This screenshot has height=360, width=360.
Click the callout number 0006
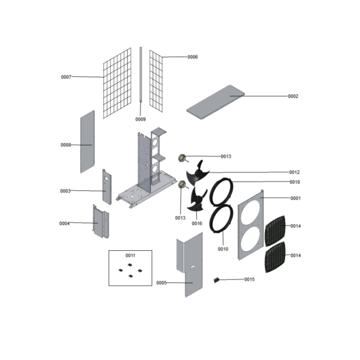(193, 57)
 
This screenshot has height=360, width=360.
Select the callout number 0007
(66, 77)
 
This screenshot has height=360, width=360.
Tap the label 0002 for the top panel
(293, 96)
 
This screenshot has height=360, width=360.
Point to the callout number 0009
(140, 119)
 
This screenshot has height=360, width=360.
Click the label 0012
(294, 172)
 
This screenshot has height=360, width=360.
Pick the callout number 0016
(197, 223)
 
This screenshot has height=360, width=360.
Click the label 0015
(249, 279)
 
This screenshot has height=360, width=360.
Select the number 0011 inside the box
(130, 256)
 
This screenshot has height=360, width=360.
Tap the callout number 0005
(162, 283)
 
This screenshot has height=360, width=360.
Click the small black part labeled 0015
(216, 280)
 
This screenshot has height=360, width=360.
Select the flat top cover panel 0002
(216, 102)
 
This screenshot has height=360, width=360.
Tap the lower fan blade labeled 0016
(197, 199)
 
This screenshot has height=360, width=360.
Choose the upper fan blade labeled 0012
(198, 173)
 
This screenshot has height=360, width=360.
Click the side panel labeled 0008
(87, 142)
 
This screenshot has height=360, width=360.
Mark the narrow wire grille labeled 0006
(156, 81)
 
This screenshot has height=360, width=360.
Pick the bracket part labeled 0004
(100, 221)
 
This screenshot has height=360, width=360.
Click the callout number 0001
(296, 198)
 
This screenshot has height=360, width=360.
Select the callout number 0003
(65, 191)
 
